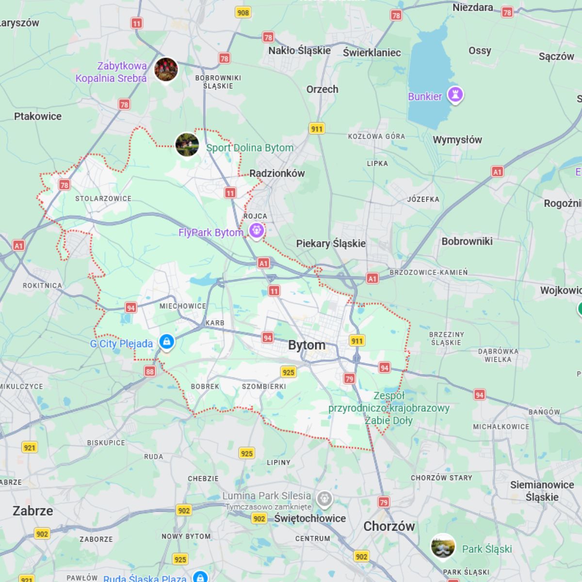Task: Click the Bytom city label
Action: pyautogui.click(x=307, y=345)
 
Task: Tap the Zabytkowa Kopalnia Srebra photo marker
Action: pyautogui.click(x=166, y=69)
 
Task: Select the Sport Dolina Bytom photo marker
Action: pyautogui.click(x=187, y=144)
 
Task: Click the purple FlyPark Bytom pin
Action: pyautogui.click(x=257, y=230)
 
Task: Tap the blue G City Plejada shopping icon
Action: pyautogui.click(x=166, y=341)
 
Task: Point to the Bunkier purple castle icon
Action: pyautogui.click(x=455, y=95)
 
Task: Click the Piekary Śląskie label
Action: pyautogui.click(x=331, y=243)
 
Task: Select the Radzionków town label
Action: pyautogui.click(x=277, y=173)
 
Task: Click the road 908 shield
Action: pyautogui.click(x=243, y=12)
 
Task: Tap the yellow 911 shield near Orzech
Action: pyautogui.click(x=317, y=129)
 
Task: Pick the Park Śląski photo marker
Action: pyautogui.click(x=443, y=546)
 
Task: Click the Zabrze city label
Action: pyautogui.click(x=33, y=511)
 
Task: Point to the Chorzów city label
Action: pyautogui.click(x=389, y=526)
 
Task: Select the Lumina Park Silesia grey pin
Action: pyautogui.click(x=324, y=498)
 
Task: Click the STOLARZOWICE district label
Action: pyautogui.click(x=103, y=198)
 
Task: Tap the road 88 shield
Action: pyautogui.click(x=149, y=372)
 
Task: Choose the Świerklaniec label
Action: pyautogui.click(x=372, y=52)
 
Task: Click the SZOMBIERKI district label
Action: pyautogui.click(x=264, y=387)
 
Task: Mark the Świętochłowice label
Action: pyautogui.click(x=310, y=518)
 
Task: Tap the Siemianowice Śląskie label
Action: pyautogui.click(x=542, y=491)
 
